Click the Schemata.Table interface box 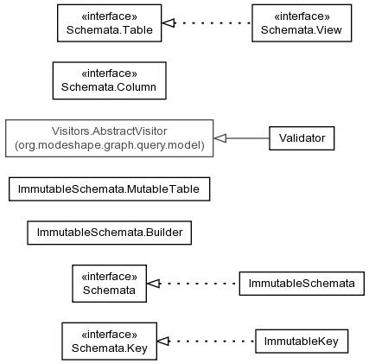110,23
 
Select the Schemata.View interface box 302,23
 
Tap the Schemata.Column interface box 110,80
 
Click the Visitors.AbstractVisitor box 110,138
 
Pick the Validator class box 302,138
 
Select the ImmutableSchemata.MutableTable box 110,189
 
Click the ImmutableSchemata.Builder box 110,233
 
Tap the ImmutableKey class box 302,342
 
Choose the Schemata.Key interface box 110,342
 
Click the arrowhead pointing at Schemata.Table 169,23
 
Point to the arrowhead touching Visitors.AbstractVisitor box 220,138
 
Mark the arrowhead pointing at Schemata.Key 163,342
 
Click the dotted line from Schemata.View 213,23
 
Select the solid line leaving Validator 248,138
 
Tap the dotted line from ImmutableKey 213,342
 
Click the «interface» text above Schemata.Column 110,73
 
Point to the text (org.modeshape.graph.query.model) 110,145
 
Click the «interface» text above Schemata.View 302,16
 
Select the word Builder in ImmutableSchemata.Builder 164,233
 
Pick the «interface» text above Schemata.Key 110,335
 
